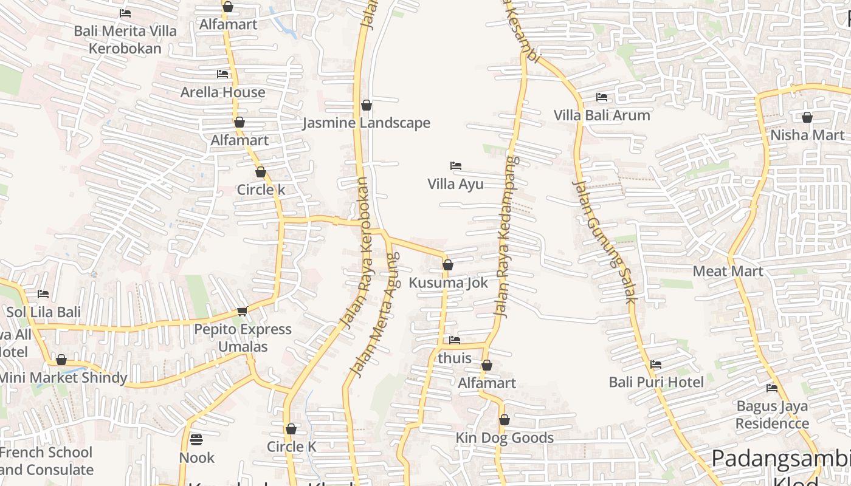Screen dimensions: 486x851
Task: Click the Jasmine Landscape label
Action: coord(367,123)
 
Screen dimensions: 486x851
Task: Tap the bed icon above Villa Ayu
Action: coord(456,166)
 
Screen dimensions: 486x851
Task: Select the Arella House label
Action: coord(223,92)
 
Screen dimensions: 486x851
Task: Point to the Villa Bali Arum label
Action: coord(602,115)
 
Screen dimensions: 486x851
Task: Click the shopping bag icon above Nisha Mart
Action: coord(807,117)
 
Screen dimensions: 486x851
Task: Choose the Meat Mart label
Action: coord(728,271)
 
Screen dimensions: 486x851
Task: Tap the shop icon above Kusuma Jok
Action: coord(448,265)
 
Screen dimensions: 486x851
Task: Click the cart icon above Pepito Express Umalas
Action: coord(242,312)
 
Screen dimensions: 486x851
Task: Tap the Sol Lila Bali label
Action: coord(43,312)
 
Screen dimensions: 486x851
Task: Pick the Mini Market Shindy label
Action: coord(63,378)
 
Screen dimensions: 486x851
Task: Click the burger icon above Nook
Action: coord(196,439)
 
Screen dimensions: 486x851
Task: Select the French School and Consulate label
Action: coord(46,461)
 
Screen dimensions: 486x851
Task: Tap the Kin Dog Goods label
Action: coord(505,438)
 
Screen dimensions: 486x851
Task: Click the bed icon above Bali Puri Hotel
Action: coord(656,364)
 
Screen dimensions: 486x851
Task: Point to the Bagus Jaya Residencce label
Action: coord(772,415)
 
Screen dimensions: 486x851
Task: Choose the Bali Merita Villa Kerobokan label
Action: coord(126,39)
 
